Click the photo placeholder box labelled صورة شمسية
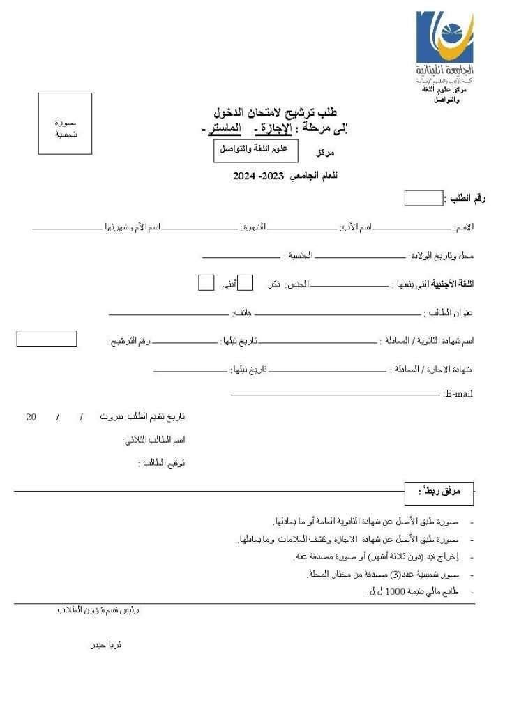(x=65, y=123)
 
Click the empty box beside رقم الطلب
(x=423, y=199)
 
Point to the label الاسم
(x=464, y=228)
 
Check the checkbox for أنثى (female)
(x=206, y=282)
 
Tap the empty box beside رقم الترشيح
(x=47, y=340)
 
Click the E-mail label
(x=458, y=394)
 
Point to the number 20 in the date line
(x=31, y=417)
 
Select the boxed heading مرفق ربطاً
(x=438, y=492)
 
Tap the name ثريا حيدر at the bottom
(x=106, y=645)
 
